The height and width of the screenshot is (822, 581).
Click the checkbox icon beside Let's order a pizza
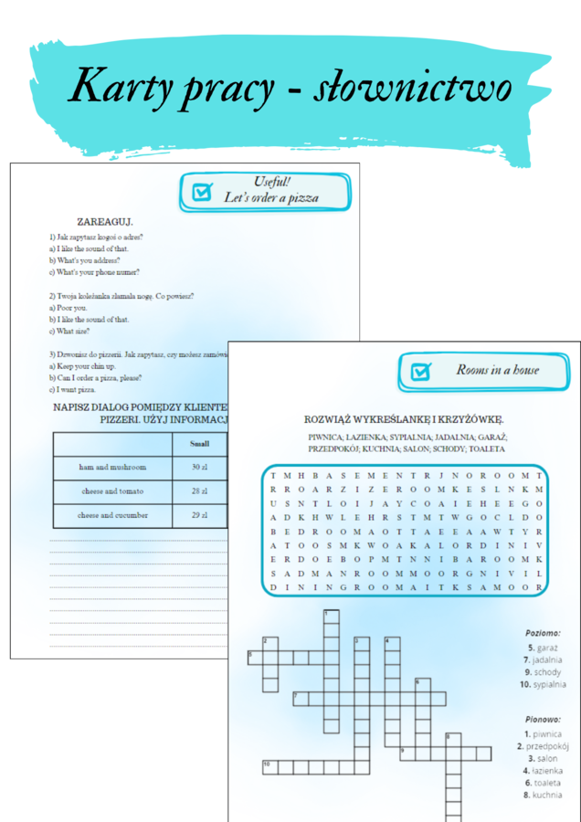click(201, 192)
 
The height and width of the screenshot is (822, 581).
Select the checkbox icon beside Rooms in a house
click(420, 371)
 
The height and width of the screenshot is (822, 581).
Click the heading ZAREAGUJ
click(106, 221)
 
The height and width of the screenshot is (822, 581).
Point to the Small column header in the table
click(199, 444)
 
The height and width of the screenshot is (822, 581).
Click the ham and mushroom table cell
click(112, 467)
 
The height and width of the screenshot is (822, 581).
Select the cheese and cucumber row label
click(112, 515)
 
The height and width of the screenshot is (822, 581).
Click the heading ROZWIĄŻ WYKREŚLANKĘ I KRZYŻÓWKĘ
click(404, 419)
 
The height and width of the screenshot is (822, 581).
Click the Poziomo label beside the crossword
click(543, 632)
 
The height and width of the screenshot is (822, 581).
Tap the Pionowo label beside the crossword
click(543, 719)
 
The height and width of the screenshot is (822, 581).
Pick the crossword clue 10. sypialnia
click(543, 684)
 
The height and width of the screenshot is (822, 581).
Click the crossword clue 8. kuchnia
click(543, 796)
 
